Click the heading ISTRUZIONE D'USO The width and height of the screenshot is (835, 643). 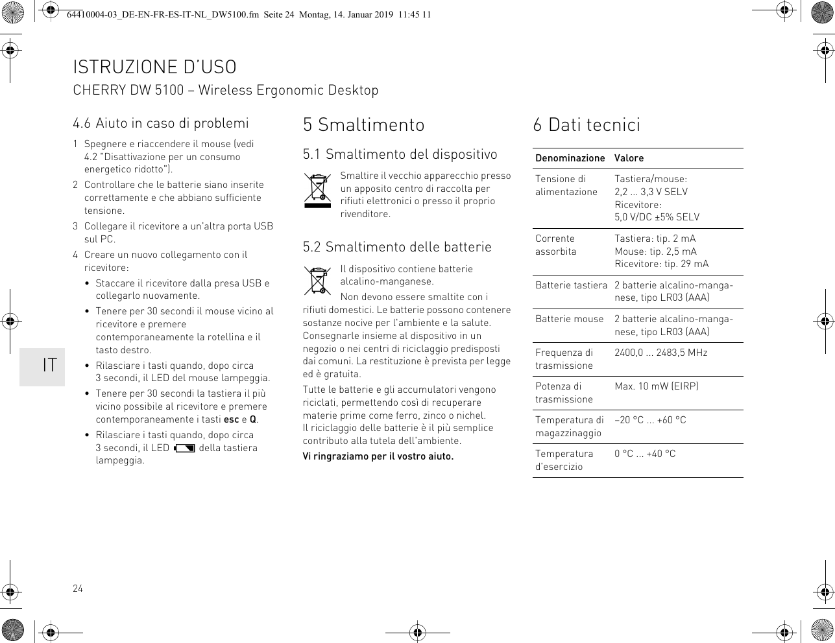[x=154, y=67]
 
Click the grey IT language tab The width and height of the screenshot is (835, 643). [x=43, y=365]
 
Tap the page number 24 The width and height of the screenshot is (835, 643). [x=78, y=589]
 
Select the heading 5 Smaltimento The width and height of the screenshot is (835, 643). [x=363, y=124]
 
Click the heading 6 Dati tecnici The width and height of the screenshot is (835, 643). [x=587, y=124]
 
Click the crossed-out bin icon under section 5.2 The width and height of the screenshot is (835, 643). [x=318, y=281]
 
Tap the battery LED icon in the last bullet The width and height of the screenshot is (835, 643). [x=184, y=448]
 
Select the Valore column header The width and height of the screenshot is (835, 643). [x=629, y=158]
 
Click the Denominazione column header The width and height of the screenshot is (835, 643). [x=570, y=158]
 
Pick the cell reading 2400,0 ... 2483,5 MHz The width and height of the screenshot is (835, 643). [x=660, y=353]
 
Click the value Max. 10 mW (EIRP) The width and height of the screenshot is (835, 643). [x=656, y=386]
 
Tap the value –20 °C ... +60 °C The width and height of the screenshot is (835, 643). [x=650, y=420]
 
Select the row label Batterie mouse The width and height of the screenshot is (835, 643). [x=569, y=319]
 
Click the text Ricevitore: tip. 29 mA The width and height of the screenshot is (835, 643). [x=661, y=264]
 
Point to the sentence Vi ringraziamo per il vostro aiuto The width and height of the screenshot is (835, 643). [x=378, y=456]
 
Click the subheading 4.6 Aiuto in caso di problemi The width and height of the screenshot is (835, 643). [x=161, y=123]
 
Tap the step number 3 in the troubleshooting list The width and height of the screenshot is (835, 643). [x=75, y=226]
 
